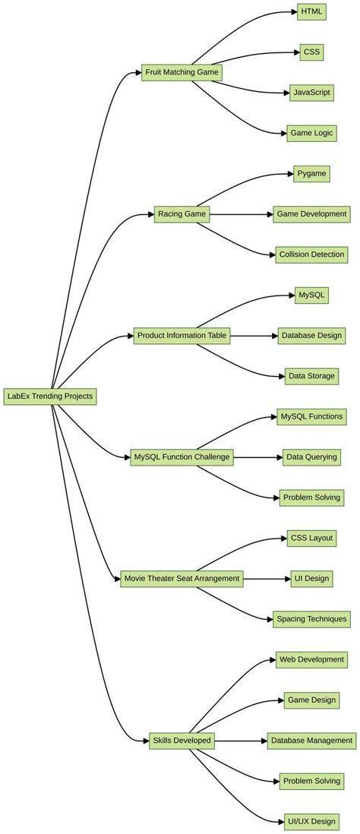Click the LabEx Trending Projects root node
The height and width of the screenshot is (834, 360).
50,396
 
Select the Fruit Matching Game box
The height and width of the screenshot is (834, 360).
182,72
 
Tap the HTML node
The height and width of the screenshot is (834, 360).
311,11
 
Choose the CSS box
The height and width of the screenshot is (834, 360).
311,52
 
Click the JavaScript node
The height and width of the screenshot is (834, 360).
311,93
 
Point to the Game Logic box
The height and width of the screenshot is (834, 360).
311,133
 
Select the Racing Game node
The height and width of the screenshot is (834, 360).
182,214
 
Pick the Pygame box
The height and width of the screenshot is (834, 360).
311,174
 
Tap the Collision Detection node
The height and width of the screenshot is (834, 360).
311,254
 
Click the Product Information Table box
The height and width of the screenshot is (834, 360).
182,336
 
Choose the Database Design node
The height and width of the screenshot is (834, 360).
311,335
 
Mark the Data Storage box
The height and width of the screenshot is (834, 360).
311,376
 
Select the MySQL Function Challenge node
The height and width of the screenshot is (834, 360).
182,457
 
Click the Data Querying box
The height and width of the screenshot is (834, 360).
311,457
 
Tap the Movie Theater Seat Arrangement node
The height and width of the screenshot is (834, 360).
182,579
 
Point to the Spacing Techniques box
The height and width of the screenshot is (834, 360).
311,619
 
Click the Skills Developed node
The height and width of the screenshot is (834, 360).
182,741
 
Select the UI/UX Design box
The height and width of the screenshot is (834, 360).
311,821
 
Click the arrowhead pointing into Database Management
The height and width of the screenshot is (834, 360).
264,741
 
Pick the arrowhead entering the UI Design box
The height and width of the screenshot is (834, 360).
286,579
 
